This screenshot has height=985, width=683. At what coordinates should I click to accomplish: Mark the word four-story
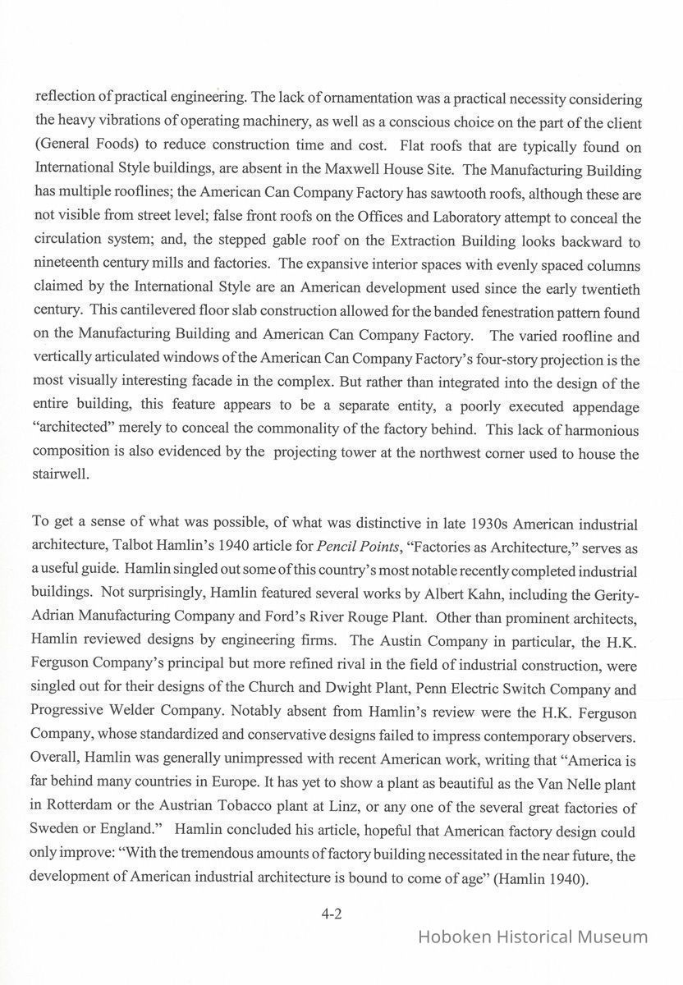pos(507,360)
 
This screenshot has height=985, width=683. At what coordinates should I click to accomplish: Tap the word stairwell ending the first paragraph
pos(58,476)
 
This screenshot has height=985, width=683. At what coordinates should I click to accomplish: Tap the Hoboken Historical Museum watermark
pos(533,937)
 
